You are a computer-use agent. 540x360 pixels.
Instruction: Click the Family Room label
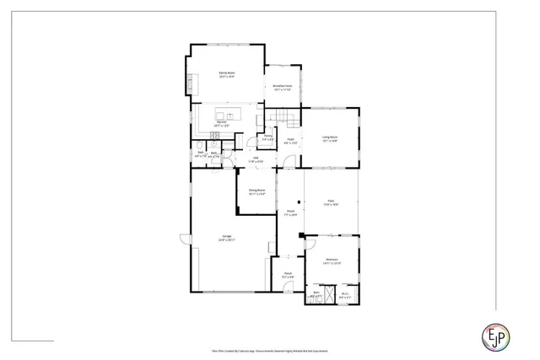pyautogui.click(x=226, y=74)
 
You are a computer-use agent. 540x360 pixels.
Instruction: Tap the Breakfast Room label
pyautogui.click(x=283, y=87)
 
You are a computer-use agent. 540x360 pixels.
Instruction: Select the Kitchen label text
pyautogui.click(x=221, y=123)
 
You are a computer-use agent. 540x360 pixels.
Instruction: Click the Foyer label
pyautogui.click(x=290, y=141)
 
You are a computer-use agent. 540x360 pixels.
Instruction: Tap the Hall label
pyautogui.click(x=255, y=159)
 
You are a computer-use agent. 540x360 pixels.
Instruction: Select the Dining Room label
pyautogui.click(x=256, y=191)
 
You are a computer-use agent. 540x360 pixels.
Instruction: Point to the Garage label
pyautogui.click(x=227, y=239)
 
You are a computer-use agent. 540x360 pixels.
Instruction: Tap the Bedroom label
pyautogui.click(x=332, y=261)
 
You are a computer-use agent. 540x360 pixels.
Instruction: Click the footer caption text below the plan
pyautogui.click(x=269, y=346)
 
